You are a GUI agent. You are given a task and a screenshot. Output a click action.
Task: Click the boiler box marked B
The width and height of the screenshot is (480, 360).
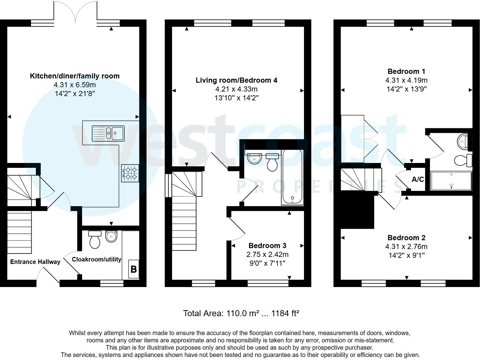[x=133, y=269]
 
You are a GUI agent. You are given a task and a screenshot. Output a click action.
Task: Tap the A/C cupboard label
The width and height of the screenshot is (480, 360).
[x=418, y=179]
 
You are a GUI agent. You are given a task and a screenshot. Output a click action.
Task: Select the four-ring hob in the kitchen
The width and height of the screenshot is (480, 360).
[x=130, y=173]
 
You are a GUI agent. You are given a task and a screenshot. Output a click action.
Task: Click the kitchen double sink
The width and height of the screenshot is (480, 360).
[x=108, y=133]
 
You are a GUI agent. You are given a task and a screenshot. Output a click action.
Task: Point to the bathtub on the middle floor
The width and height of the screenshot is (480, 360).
[x=292, y=176]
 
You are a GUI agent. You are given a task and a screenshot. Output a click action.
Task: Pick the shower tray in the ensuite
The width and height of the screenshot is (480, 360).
[x=451, y=181]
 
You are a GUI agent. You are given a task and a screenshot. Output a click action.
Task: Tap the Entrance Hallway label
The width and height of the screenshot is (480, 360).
[x=35, y=262]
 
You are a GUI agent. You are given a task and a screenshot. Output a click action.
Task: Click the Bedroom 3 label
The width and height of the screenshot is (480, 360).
[x=267, y=245]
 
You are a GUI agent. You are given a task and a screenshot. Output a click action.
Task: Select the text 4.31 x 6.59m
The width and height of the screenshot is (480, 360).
[x=75, y=85]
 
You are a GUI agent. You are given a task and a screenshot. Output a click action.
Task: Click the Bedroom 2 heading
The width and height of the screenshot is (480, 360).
[x=406, y=238]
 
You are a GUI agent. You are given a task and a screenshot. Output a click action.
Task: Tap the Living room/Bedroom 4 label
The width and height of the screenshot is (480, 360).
[x=236, y=80]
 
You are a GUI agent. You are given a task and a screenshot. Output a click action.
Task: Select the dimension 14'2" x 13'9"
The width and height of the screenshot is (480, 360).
[x=406, y=89]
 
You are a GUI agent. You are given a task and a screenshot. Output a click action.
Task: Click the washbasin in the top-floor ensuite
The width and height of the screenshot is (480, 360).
[x=463, y=141]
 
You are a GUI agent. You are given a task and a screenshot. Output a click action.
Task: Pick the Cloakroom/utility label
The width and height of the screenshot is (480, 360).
[x=96, y=259]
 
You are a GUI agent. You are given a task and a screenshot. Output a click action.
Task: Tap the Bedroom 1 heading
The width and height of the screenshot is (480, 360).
[x=406, y=71]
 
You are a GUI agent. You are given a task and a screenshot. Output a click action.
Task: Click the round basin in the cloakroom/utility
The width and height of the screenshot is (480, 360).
[x=111, y=236]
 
